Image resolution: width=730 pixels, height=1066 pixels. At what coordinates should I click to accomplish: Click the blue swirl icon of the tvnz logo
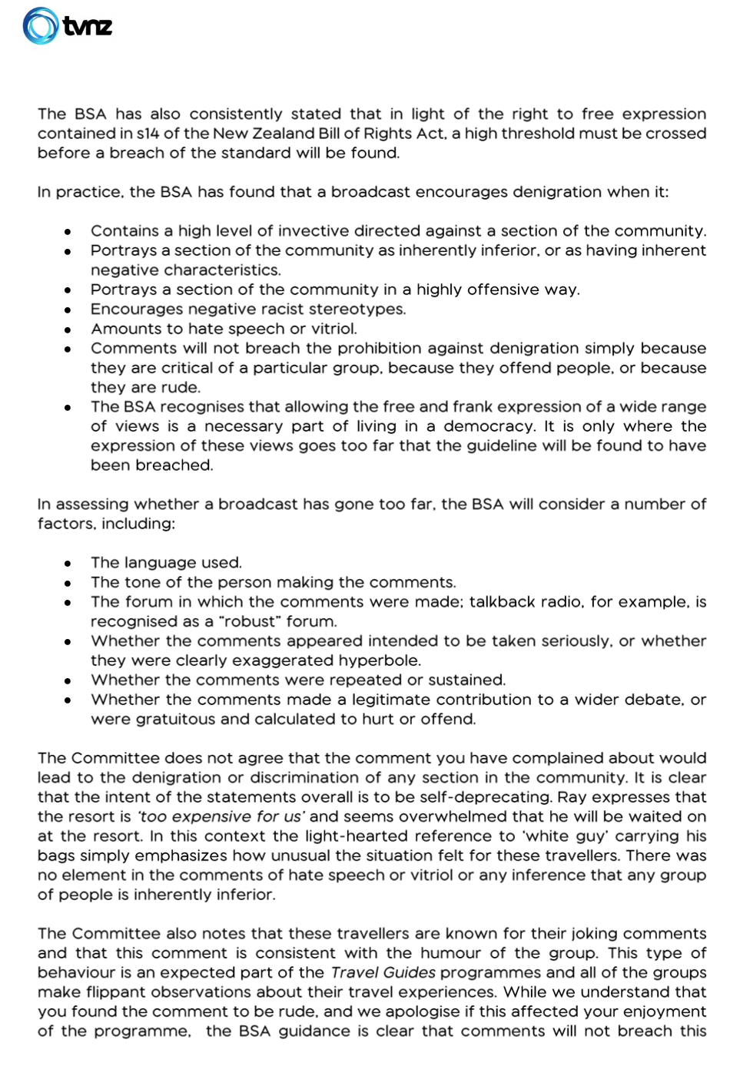point(41,25)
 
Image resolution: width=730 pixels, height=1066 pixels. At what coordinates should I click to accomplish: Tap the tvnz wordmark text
point(88,27)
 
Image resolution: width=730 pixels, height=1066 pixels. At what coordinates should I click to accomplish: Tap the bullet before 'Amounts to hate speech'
point(68,329)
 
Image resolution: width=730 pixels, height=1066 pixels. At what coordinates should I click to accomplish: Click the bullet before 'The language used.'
point(68,563)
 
